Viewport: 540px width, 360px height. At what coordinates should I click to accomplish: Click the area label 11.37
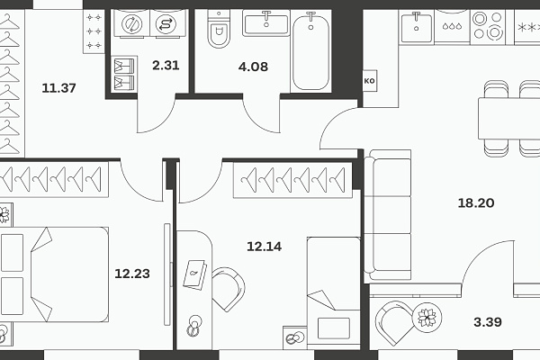point(58,88)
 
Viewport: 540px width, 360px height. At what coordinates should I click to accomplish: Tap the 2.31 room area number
point(166,65)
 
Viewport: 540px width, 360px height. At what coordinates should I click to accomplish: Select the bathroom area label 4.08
point(253,67)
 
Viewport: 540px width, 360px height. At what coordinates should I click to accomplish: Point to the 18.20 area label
point(476,202)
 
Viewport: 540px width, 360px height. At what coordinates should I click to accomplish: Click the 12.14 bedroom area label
point(264,247)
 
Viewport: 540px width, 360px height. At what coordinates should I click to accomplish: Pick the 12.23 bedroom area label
point(132,274)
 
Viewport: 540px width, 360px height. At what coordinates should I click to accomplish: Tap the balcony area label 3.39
point(488,322)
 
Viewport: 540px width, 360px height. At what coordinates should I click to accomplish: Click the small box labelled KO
point(370,81)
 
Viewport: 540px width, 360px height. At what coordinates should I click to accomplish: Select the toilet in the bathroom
point(219,29)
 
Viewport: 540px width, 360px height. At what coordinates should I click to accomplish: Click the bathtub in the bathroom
point(310,51)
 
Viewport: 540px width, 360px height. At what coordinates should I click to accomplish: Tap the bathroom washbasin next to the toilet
point(266,23)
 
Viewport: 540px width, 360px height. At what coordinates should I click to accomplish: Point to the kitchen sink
point(417,27)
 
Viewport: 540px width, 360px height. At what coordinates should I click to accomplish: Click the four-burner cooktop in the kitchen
point(488,25)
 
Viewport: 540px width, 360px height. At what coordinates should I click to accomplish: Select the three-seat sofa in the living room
point(388,214)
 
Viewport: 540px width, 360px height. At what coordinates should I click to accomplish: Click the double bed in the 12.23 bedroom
point(54,274)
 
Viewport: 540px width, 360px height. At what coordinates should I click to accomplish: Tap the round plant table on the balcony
point(427,318)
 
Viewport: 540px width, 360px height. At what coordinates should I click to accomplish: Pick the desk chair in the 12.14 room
point(228,289)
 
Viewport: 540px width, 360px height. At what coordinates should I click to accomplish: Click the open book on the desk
point(195,275)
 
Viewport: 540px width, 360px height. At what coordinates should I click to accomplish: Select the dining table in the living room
point(509,118)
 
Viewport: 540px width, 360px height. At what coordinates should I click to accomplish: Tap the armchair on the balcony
point(395,323)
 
